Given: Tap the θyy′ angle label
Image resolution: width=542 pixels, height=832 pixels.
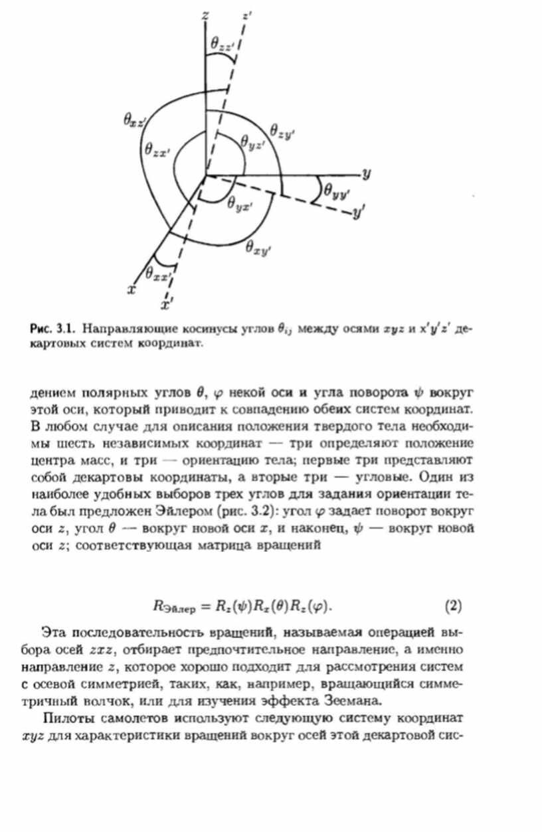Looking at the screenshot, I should click(x=337, y=191).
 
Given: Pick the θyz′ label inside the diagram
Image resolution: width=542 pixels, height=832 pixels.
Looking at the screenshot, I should click(x=253, y=141).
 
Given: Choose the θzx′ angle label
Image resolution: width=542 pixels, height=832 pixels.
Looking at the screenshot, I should click(x=157, y=150).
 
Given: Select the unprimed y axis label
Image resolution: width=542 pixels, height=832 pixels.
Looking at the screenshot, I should click(x=366, y=174).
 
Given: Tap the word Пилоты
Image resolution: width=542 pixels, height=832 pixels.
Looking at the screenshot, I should click(x=66, y=718).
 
